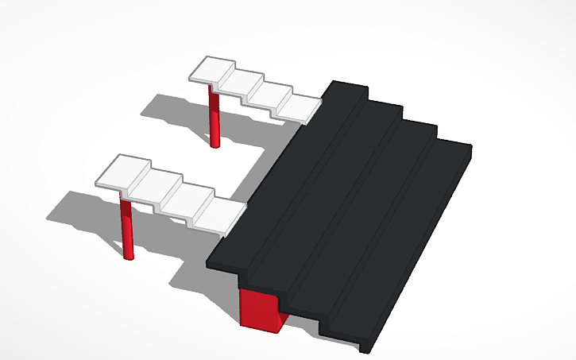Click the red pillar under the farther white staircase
[x=214, y=119]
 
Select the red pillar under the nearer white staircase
[x=126, y=230]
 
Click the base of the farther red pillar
[x=215, y=144]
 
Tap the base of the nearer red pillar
[x=128, y=255]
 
